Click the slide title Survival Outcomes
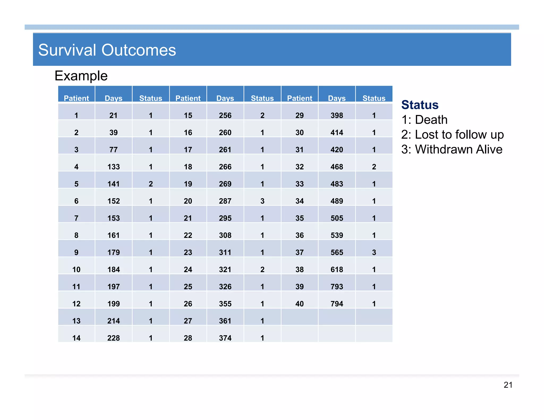pos(107,50)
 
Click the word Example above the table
pos(81,76)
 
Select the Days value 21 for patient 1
pos(113,115)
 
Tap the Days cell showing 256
pos(225,115)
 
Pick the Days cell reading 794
pos(337,304)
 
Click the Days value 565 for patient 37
pos(337,252)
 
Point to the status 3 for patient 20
pos(262,201)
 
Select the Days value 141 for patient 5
pos(113,184)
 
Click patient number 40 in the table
pos(299,304)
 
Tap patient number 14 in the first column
pos(76,338)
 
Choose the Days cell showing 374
pos(225,338)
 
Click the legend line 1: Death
pos(424,120)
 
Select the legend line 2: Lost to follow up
pos(452,135)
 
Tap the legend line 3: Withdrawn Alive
pos(452,149)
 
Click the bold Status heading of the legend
pos(420,105)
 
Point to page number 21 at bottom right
pos(508,385)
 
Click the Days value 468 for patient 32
pos(337,167)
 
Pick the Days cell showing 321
pos(225,270)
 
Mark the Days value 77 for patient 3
pos(113,150)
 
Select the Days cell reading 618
pos(337,270)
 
